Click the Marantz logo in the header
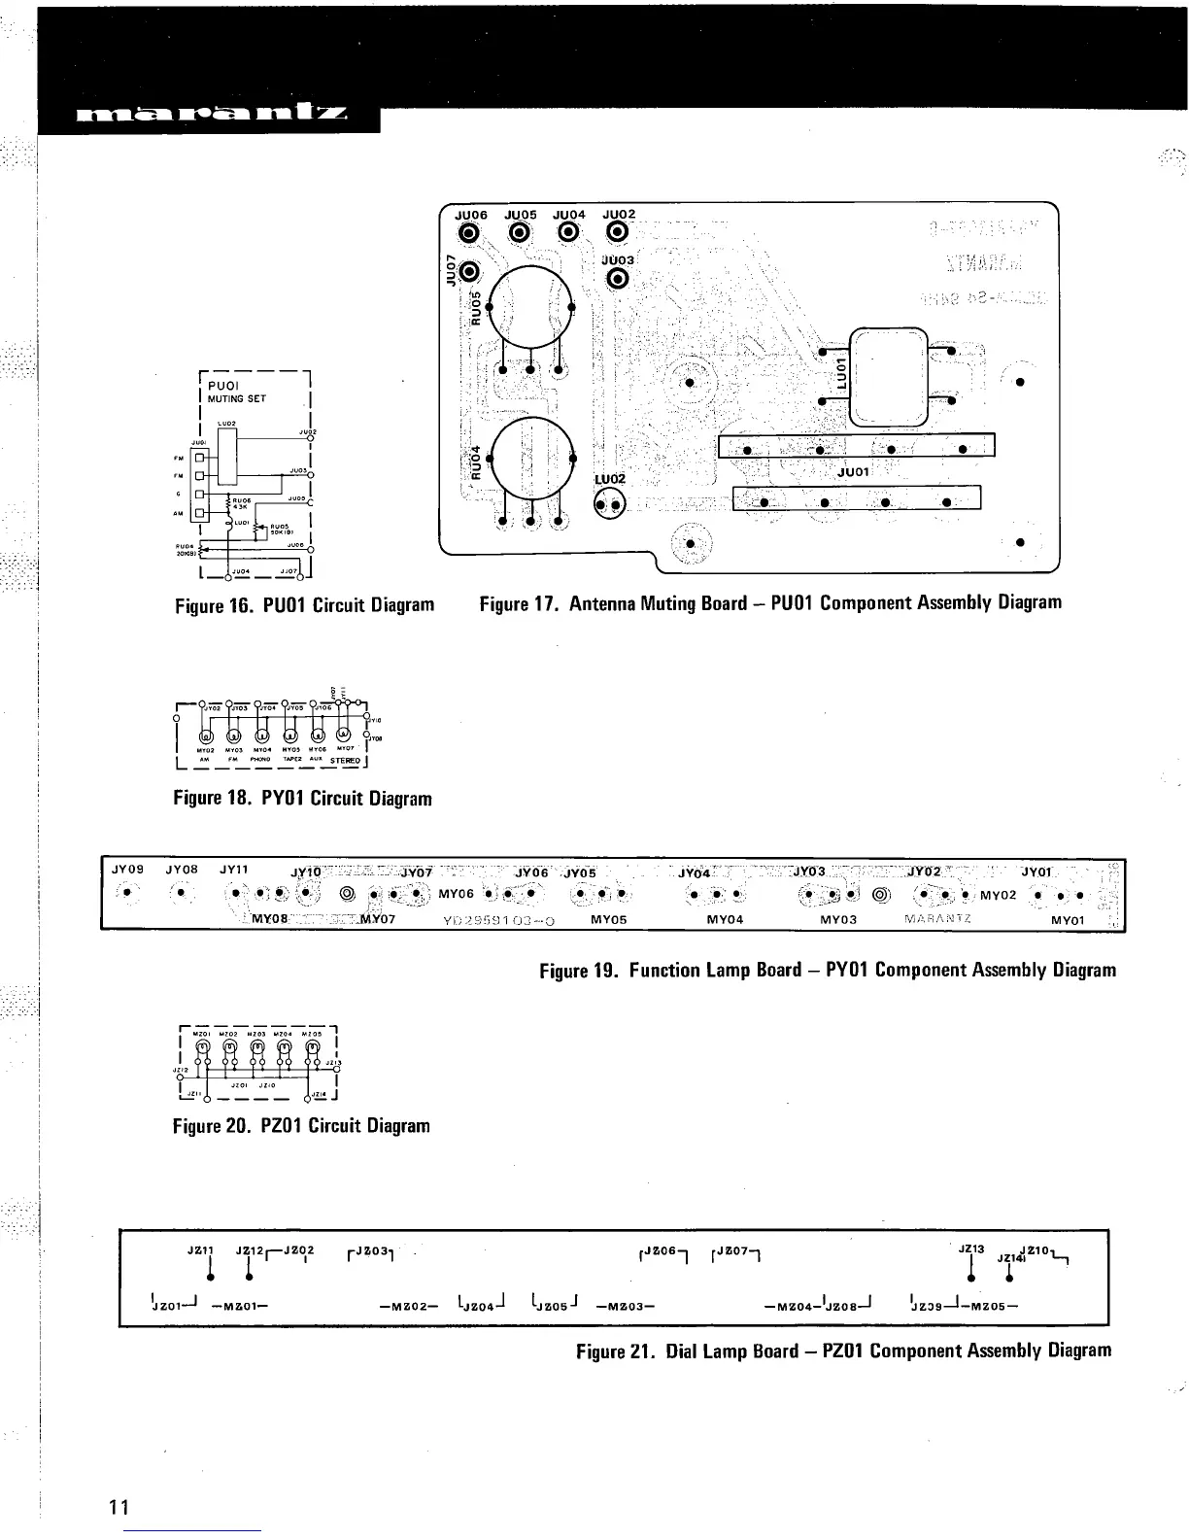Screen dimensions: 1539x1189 [x=208, y=117]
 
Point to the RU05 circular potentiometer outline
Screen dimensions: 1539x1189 [x=530, y=306]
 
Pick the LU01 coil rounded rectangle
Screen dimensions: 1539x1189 [x=889, y=374]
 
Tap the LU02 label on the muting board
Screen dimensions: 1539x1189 [x=612, y=479]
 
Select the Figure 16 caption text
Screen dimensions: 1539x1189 [x=304, y=606]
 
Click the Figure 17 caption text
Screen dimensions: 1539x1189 [x=770, y=603]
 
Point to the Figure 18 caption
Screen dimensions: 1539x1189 [x=302, y=799]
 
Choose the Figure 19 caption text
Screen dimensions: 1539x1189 [x=828, y=970]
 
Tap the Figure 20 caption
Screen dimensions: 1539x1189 [x=301, y=1126]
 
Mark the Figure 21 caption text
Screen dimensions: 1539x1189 [x=843, y=1351]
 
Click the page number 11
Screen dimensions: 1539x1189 [x=119, y=1507]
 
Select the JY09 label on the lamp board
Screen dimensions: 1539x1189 [x=128, y=870]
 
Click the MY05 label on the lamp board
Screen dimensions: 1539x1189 [x=609, y=918]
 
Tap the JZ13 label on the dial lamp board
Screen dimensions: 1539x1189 [x=971, y=1249]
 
